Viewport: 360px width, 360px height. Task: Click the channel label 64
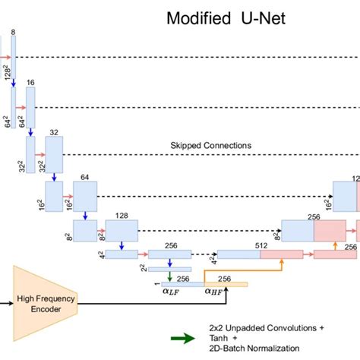[x=85, y=176]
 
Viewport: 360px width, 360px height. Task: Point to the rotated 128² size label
[x=7, y=72]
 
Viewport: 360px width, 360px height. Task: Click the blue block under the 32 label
[x=53, y=156]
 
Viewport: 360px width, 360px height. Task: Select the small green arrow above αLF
[x=170, y=276]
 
